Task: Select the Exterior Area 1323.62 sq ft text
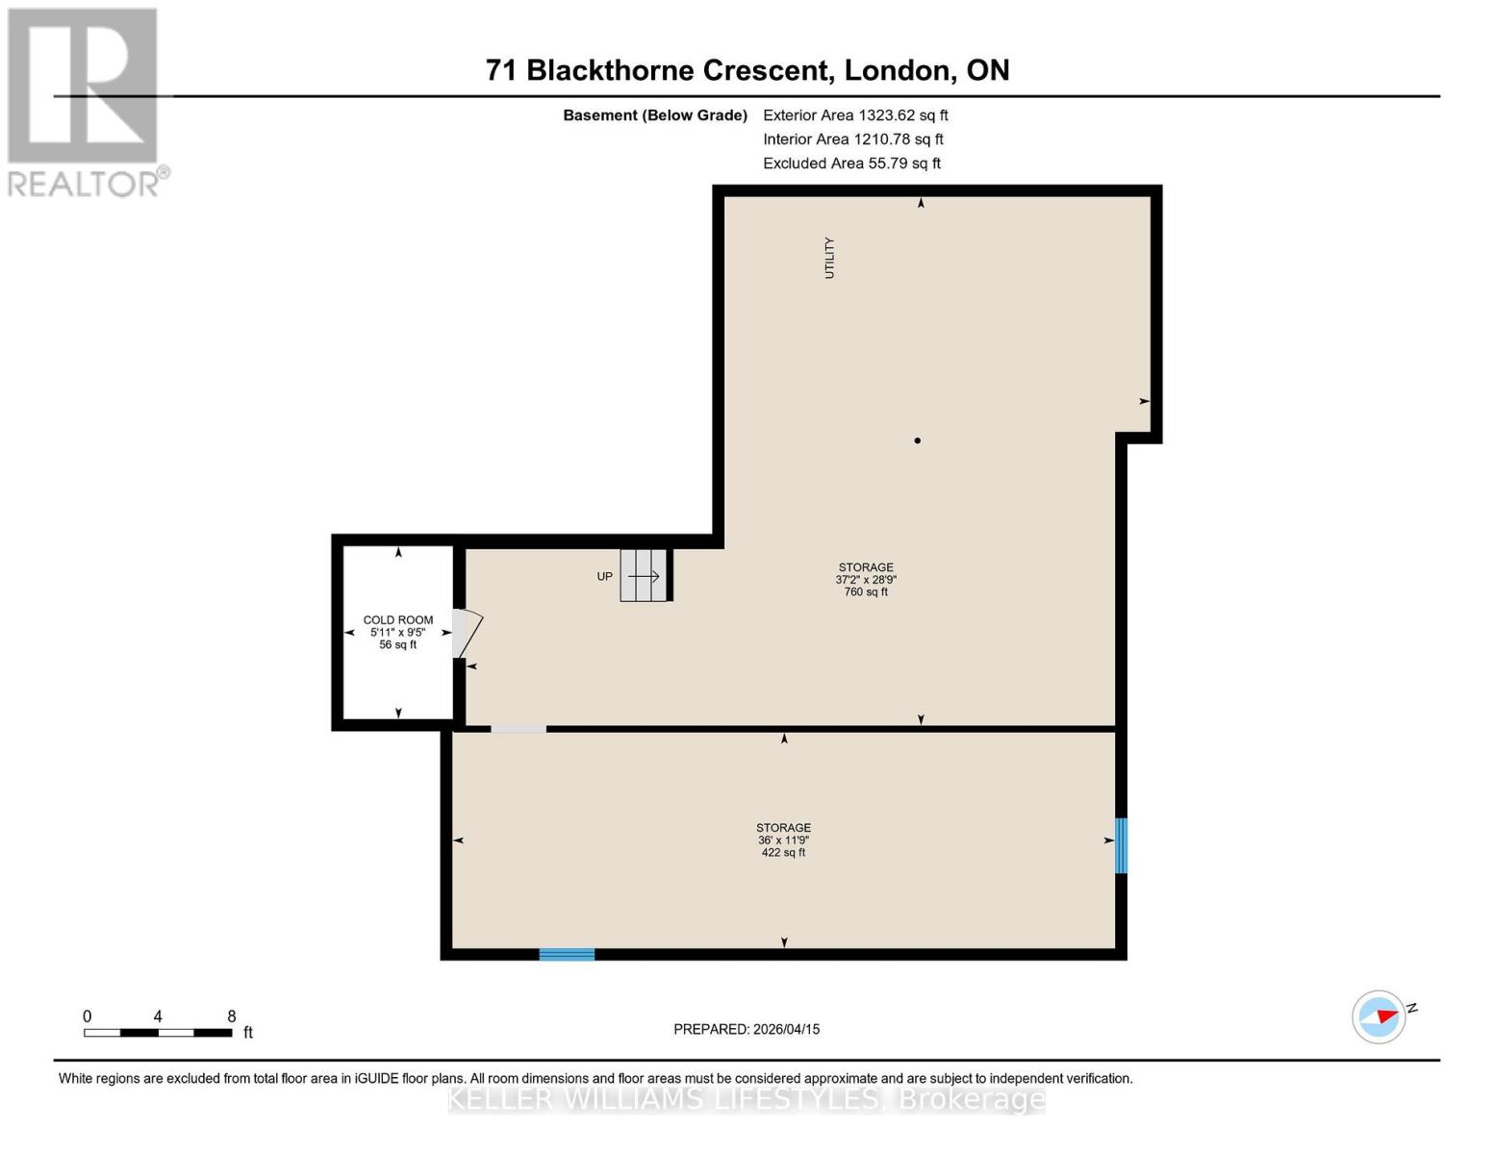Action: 855,115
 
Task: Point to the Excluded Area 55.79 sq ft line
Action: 851,163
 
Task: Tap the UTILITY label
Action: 829,258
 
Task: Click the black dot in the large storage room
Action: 918,440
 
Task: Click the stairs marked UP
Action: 644,576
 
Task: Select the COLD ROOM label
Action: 398,620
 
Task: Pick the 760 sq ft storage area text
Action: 866,592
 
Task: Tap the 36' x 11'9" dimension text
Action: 783,840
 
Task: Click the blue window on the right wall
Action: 1121,845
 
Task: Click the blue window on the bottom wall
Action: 567,954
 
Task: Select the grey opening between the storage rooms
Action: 519,729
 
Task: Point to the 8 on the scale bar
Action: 232,1016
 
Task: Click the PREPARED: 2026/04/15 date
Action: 747,1029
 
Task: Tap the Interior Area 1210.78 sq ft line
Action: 852,139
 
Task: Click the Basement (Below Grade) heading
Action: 655,115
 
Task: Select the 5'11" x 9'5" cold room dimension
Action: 398,633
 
